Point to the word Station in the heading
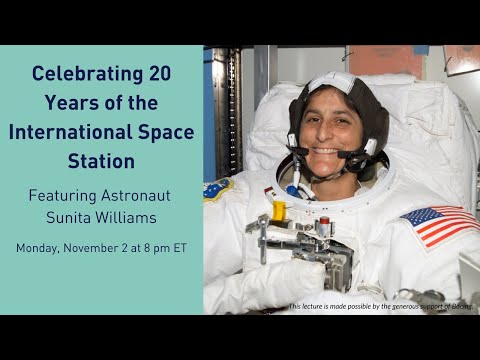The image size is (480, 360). pos(101,160)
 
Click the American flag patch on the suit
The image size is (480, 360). pos(439,225)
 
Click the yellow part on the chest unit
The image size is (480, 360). pos(279,212)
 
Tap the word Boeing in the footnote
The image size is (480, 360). pos(461,306)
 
